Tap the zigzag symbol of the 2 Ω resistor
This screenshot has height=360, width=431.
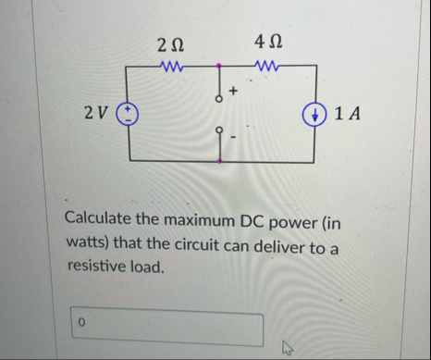click(x=172, y=66)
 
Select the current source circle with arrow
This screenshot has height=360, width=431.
click(x=318, y=114)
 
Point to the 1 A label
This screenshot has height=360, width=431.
click(x=349, y=114)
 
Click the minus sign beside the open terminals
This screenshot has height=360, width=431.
click(x=234, y=138)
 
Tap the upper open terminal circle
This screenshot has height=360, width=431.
click(x=219, y=98)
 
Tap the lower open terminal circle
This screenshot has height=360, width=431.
click(x=219, y=130)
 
